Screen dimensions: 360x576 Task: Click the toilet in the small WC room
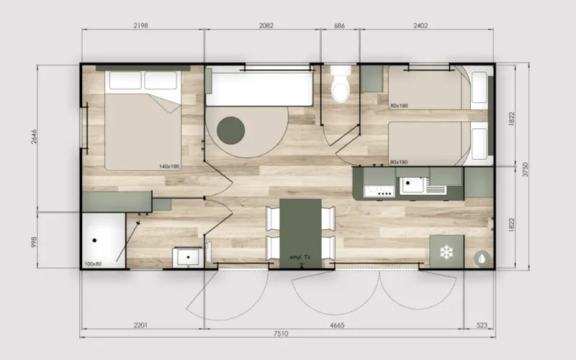pyautogui.click(x=339, y=86)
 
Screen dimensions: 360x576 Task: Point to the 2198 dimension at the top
pyautogui.click(x=141, y=26)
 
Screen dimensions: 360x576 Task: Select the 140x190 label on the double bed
pyautogui.click(x=169, y=166)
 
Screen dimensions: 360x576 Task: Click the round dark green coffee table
pyautogui.click(x=232, y=130)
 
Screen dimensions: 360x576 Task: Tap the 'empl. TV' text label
pyautogui.click(x=300, y=257)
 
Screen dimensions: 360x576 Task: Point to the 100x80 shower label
pyautogui.click(x=92, y=264)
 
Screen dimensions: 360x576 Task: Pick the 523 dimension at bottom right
pyautogui.click(x=480, y=325)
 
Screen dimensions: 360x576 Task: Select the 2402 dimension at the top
pyautogui.click(x=420, y=26)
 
